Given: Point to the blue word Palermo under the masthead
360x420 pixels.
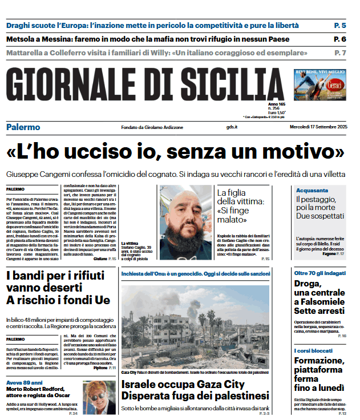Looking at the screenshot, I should [x=23, y=127].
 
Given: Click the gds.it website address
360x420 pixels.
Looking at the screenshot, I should [x=231, y=127].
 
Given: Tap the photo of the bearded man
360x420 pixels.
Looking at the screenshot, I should [x=185, y=215].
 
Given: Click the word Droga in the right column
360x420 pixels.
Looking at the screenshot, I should [x=308, y=284].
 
